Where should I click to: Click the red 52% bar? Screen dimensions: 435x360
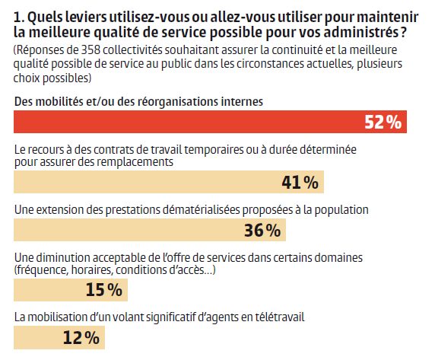[x=210, y=122]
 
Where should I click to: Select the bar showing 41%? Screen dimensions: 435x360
[x=169, y=182]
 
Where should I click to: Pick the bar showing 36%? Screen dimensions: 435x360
[x=150, y=230]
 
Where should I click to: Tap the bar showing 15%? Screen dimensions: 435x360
[x=71, y=290]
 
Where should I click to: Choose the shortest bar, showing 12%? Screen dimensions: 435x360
[x=59, y=337]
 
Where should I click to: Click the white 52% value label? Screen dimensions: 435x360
[x=383, y=122]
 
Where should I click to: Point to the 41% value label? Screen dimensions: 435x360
[x=300, y=183]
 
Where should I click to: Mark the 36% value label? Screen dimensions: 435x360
[x=262, y=231]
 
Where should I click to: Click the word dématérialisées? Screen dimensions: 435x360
[x=201, y=210]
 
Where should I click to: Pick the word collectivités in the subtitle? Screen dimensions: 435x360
[x=132, y=50]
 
